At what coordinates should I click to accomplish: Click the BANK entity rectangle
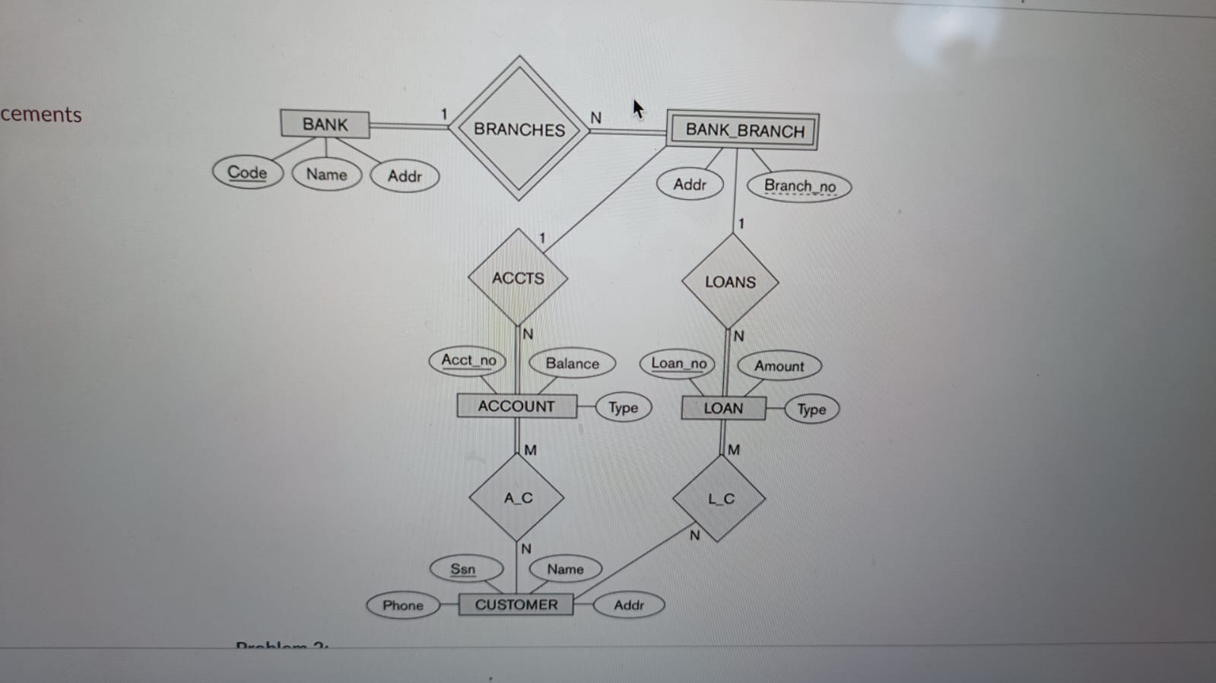click(x=325, y=124)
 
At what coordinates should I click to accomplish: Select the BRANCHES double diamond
click(x=519, y=128)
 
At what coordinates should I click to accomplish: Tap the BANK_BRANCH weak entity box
click(x=743, y=131)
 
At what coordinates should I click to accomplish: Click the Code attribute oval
click(x=247, y=172)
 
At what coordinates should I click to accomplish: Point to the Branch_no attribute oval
click(x=799, y=186)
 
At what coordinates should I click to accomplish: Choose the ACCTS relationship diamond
click(x=518, y=278)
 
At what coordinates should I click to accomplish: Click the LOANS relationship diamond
click(x=730, y=282)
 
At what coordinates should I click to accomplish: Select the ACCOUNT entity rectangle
click(x=516, y=406)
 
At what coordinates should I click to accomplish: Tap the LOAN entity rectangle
click(x=723, y=408)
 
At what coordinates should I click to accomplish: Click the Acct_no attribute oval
click(x=468, y=360)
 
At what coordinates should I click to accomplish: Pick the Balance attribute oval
click(x=572, y=364)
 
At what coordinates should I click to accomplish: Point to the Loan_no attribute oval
click(x=678, y=363)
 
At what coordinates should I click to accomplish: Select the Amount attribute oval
click(x=779, y=366)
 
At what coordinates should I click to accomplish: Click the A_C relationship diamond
click(x=517, y=498)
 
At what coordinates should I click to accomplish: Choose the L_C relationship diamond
click(x=720, y=499)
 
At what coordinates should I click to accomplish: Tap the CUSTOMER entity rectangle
click(x=516, y=605)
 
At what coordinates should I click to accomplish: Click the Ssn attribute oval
click(x=462, y=569)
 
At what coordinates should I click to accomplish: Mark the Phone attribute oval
click(x=402, y=606)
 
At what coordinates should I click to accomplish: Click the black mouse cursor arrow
click(x=638, y=109)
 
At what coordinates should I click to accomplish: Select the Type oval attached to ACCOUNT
click(x=623, y=408)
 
